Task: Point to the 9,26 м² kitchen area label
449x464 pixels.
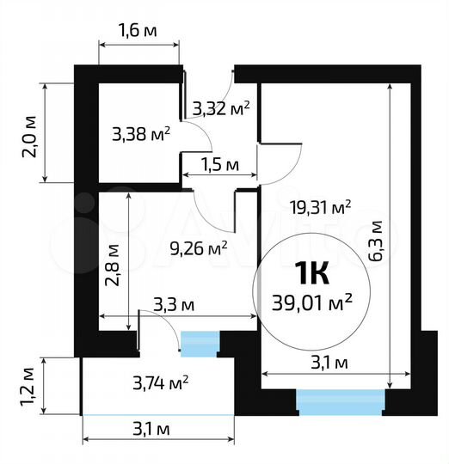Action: click(200, 248)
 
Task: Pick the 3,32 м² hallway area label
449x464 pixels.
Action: click(221, 108)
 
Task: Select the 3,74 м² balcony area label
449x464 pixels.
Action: click(161, 382)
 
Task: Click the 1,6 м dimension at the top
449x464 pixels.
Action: click(138, 32)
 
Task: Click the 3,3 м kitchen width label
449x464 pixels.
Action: click(175, 304)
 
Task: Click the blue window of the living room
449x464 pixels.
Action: click(341, 400)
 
